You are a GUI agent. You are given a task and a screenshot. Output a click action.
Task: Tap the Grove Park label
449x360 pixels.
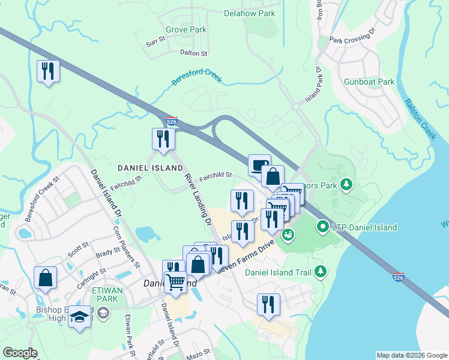click(x=185, y=29)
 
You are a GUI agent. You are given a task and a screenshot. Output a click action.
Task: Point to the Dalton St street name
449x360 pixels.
click(x=193, y=53)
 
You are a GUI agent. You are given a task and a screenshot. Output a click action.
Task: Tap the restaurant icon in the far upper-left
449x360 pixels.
click(x=46, y=72)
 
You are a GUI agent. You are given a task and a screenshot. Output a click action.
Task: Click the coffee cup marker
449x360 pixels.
click(x=259, y=164)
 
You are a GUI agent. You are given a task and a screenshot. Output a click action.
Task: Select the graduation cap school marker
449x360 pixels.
click(x=79, y=316)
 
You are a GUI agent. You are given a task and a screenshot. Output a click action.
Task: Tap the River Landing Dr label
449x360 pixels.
click(x=198, y=200)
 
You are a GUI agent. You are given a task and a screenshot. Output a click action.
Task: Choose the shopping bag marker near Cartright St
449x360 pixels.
click(x=46, y=277)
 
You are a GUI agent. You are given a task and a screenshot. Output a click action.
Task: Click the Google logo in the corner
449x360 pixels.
click(x=20, y=353)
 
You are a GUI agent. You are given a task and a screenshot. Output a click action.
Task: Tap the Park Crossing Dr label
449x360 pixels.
click(x=352, y=35)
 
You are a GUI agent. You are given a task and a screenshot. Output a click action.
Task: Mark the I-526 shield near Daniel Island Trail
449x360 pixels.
click(x=398, y=277)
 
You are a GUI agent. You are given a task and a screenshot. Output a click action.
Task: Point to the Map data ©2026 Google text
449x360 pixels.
click(x=411, y=355)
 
